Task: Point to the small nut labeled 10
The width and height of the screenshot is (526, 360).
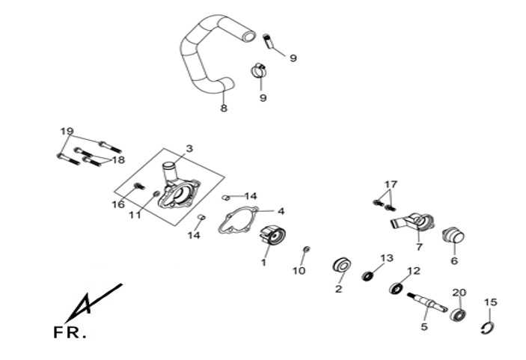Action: tap(306, 248)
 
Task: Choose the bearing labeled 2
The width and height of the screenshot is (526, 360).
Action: tap(343, 265)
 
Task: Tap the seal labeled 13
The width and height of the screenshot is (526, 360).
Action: tap(368, 276)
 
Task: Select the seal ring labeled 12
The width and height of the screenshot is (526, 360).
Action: tap(397, 287)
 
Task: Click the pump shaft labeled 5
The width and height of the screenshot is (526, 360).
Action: tap(427, 301)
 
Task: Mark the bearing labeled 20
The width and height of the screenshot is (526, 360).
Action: tap(458, 313)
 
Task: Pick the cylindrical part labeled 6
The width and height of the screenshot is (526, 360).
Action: tap(453, 237)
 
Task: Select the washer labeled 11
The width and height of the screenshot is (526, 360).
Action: tap(155, 195)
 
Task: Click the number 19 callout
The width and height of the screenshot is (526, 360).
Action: tap(67, 131)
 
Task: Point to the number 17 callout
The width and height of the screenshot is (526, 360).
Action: tap(391, 184)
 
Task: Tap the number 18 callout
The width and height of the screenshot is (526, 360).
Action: tap(118, 159)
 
